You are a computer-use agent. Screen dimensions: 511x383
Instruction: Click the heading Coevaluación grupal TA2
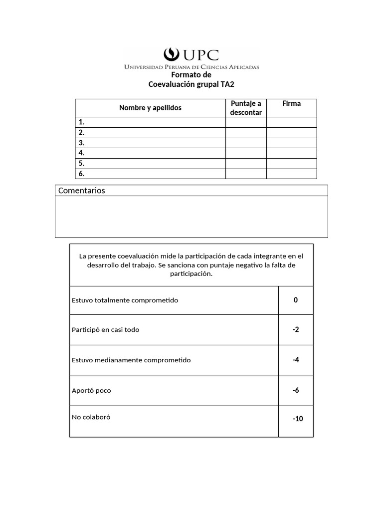click(191, 84)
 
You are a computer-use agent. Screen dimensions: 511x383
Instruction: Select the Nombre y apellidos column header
click(150, 108)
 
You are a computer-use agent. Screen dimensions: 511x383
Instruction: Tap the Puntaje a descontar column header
click(246, 108)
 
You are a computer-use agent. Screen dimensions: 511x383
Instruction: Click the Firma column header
click(291, 104)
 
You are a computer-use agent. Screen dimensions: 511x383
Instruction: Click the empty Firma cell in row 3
click(291, 143)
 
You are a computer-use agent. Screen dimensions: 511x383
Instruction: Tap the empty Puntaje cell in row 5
click(246, 163)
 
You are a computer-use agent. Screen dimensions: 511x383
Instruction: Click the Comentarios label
click(82, 191)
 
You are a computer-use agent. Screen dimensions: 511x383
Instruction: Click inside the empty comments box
click(191, 217)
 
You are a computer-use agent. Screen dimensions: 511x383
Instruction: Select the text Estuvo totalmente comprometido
click(125, 300)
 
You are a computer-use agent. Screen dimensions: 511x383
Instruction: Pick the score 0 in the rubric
click(296, 300)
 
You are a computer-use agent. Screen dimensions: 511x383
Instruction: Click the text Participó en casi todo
click(106, 330)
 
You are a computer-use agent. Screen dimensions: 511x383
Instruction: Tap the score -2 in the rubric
click(296, 329)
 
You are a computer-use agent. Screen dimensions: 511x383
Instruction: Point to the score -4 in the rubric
click(296, 360)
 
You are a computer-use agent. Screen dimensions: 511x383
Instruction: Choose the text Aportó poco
click(91, 391)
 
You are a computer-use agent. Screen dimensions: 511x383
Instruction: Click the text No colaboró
click(91, 417)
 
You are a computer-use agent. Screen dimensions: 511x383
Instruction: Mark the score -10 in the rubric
click(298, 419)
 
